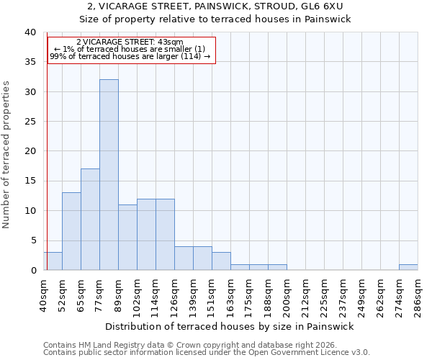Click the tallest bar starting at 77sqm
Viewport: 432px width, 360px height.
(x=109, y=175)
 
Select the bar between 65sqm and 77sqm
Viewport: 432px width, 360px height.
(x=90, y=220)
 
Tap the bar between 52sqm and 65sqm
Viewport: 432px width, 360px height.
(x=71, y=231)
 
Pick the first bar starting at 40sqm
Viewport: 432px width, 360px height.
(x=53, y=261)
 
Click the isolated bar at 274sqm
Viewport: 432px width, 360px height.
(x=408, y=267)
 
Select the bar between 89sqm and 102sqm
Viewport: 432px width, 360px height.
(x=127, y=238)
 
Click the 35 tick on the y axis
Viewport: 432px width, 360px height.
(x=30, y=62)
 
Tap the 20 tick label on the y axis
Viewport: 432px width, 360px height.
(x=30, y=151)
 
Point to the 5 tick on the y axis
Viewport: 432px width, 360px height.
(x=33, y=240)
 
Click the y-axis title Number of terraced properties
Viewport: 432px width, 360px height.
(x=6, y=154)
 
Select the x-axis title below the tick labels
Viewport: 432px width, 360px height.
(x=230, y=326)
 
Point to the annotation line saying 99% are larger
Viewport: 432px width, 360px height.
(x=130, y=56)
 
